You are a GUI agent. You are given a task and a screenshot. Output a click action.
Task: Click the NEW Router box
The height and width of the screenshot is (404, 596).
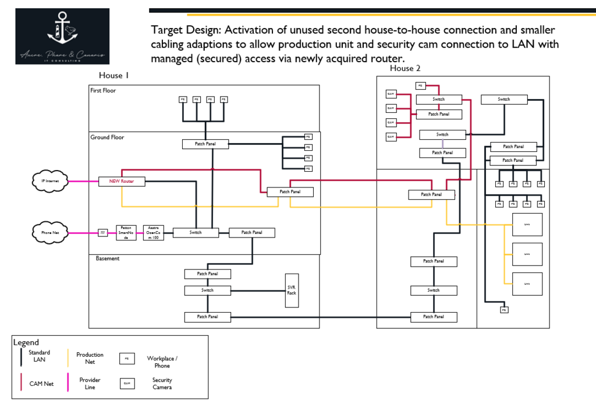(122, 182)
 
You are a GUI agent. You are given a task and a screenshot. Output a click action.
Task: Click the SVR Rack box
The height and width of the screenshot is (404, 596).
(292, 289)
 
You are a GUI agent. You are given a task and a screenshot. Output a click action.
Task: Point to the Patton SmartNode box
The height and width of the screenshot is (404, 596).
(126, 232)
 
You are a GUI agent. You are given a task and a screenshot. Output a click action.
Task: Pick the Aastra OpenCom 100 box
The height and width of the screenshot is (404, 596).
(154, 232)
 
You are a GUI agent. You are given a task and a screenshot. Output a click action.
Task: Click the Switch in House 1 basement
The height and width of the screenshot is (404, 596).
(208, 290)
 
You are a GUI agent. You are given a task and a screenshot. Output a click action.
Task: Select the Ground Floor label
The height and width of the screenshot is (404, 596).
(107, 137)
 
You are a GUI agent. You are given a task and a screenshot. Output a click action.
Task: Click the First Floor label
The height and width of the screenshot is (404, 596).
(103, 91)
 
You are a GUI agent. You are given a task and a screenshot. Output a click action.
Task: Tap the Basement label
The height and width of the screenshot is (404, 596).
(108, 258)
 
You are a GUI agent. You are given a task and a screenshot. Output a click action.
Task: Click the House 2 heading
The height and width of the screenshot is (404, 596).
(405, 69)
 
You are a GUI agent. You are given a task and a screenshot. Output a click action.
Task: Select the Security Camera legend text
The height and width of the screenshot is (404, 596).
(162, 384)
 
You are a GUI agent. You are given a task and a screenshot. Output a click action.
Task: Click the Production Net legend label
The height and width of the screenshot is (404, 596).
(90, 358)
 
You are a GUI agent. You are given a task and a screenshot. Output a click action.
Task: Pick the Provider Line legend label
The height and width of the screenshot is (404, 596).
(90, 384)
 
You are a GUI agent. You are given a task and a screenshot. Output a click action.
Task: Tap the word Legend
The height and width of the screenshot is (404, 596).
(26, 342)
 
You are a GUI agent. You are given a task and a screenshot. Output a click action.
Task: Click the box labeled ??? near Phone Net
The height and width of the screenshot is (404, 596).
(103, 233)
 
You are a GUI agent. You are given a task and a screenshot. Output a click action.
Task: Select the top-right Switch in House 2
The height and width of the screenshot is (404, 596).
(504, 100)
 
